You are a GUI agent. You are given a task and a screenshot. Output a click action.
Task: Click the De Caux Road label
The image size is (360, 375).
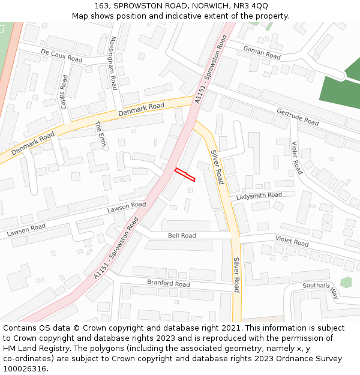(x=61, y=56)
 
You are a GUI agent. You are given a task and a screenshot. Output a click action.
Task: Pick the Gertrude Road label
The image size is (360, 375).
(x=297, y=116)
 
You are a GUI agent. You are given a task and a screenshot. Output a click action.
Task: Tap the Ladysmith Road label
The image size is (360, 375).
(x=259, y=196)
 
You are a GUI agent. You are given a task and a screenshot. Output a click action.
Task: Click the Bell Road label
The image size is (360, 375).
(x=182, y=236)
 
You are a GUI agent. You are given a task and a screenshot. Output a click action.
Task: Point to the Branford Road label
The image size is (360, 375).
(x=169, y=283)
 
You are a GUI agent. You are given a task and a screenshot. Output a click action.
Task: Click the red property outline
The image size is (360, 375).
(x=185, y=175)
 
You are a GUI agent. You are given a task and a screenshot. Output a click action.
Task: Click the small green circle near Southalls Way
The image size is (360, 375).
(x=346, y=282)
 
